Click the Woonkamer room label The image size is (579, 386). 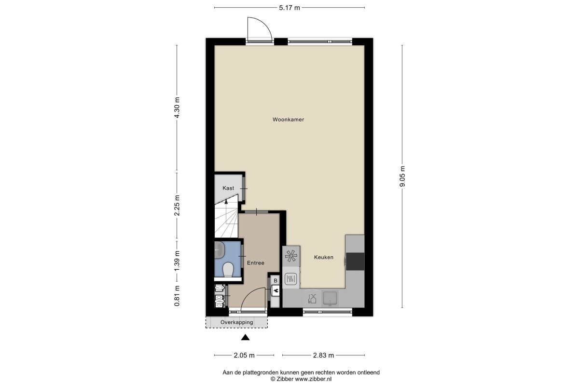(x=288, y=120)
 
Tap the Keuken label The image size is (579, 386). (x=324, y=257)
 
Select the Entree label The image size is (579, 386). (x=256, y=263)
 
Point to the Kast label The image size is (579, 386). (x=228, y=188)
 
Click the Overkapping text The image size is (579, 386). (x=237, y=322)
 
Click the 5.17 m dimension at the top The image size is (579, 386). (x=289, y=8)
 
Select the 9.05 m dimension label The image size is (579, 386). (x=402, y=176)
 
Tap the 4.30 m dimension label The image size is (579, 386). (x=177, y=108)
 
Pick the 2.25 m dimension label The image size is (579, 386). (x=177, y=205)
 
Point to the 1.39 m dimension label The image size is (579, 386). (x=177, y=261)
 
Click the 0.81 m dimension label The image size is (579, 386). (x=177, y=296)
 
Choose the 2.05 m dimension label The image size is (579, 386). (x=244, y=356)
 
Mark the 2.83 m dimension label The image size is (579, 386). (x=323, y=356)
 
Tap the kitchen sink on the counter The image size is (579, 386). (x=330, y=298)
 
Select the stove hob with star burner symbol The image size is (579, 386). (x=291, y=256)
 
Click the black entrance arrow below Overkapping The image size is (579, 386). (x=245, y=337)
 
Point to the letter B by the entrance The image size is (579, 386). (x=276, y=280)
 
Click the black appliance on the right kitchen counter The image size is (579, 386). (x=355, y=262)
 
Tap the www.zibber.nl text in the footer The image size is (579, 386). (x=313, y=379)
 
